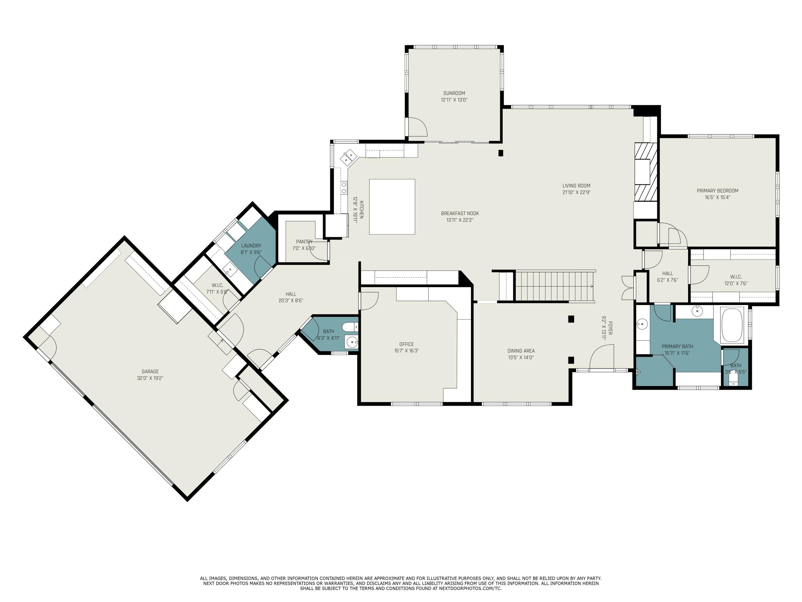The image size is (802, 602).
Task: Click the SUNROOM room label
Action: click(454, 93)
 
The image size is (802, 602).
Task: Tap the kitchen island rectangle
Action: click(392, 207)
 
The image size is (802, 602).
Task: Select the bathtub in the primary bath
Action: click(732, 325)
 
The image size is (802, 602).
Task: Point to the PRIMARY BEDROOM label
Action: click(717, 191)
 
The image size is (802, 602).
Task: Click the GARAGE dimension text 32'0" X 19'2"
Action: click(150, 378)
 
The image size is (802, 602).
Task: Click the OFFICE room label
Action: click(406, 344)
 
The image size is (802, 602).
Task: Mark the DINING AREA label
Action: click(521, 351)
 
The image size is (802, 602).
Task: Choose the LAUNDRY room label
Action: click(251, 246)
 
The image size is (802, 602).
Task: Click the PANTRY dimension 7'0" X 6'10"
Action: click(304, 249)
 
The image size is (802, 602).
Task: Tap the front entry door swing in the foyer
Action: click(602, 357)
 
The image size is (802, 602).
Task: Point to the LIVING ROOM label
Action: click(576, 186)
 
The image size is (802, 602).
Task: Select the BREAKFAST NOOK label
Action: click(460, 213)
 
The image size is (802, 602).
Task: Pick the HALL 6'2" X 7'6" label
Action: click(667, 274)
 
